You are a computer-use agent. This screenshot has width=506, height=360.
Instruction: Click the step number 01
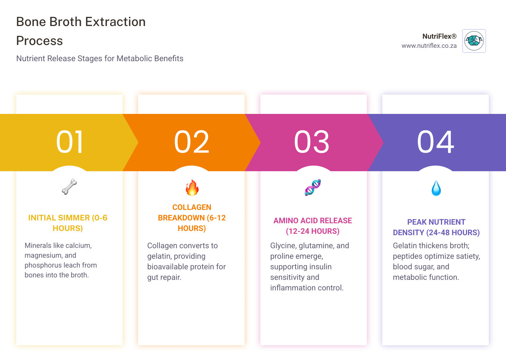click(x=70, y=142)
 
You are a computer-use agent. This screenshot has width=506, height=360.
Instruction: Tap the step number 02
click(x=192, y=142)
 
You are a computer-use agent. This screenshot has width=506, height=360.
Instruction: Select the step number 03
click(x=312, y=142)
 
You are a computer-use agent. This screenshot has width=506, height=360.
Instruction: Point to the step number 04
click(x=436, y=142)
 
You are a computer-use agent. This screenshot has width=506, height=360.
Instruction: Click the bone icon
click(x=69, y=187)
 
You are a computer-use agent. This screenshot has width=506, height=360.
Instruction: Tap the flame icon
click(x=192, y=187)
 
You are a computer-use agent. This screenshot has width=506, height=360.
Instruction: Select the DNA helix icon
click(x=313, y=187)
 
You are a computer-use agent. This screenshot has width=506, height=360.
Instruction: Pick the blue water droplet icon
click(x=436, y=188)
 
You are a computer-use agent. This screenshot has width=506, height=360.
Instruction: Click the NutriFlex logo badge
click(x=474, y=41)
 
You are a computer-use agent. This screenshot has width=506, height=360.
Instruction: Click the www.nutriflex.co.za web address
click(x=429, y=46)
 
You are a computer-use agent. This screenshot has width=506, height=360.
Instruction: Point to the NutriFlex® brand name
click(x=439, y=36)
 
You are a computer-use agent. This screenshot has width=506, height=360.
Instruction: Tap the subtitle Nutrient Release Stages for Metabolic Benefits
click(x=100, y=58)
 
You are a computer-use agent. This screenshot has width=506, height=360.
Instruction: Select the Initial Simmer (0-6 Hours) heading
click(x=68, y=223)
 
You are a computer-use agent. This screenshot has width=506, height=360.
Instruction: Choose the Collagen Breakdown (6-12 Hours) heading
click(x=192, y=218)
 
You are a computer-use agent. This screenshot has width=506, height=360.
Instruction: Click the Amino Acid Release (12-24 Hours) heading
click(x=313, y=226)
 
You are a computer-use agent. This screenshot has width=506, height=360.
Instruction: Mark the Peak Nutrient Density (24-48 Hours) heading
click(x=436, y=227)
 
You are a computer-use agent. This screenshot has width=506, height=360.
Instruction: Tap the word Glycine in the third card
click(x=283, y=246)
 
